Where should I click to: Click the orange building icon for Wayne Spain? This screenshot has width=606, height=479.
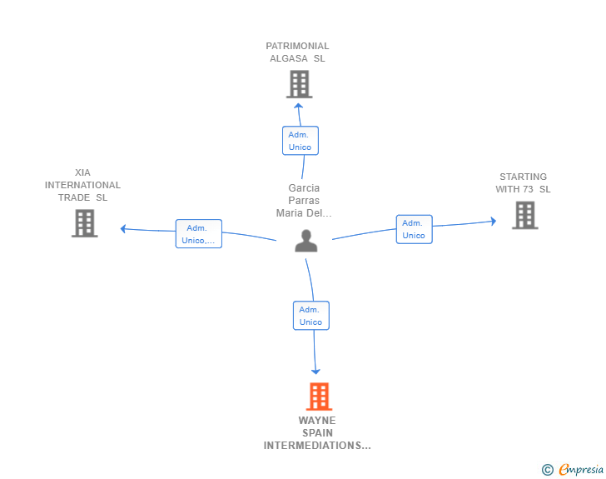319,397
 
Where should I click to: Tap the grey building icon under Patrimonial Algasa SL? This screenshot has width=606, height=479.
299,84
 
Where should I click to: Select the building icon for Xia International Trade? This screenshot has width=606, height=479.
85,223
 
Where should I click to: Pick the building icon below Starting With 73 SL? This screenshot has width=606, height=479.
524,215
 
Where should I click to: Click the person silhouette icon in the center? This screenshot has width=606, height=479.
306,241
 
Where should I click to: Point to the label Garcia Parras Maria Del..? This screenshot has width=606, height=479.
304,201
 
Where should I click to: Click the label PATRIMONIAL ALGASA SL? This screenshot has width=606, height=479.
297,52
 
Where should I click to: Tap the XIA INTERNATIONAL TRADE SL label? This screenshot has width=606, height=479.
82,185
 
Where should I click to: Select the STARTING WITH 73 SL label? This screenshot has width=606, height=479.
524,183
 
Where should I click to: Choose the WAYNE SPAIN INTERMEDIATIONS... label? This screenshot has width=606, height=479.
317,433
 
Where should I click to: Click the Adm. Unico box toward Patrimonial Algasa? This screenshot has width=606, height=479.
301,141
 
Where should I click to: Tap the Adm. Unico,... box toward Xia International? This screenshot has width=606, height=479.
199,234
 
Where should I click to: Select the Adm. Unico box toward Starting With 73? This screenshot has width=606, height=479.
414,229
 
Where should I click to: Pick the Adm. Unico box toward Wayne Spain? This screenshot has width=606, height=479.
311,316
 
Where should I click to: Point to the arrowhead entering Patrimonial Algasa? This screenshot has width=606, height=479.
298,106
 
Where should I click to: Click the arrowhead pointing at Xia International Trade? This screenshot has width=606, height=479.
123,228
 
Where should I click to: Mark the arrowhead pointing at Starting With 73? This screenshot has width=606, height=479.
494,221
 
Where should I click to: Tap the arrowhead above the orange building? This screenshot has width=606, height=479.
315,372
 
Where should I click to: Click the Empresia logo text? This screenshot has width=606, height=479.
581,469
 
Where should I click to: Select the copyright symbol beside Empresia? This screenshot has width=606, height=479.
547,470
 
